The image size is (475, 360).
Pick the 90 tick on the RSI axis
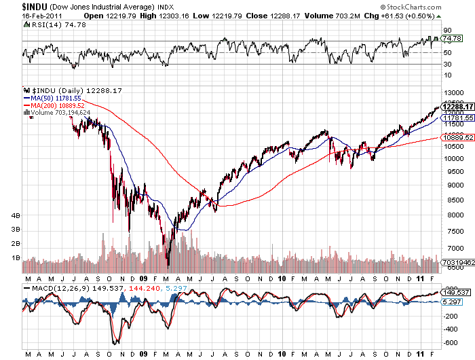(448, 30)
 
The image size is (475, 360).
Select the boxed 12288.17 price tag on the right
(457, 107)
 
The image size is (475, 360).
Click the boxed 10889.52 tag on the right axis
(457, 137)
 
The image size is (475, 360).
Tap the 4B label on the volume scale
(16, 215)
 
